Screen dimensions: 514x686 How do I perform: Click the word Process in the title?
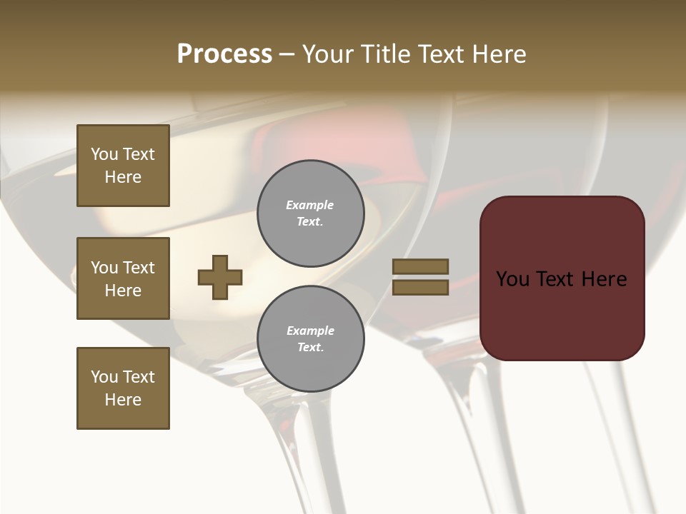[224, 54]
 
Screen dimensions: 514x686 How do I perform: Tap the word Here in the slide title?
[499, 54]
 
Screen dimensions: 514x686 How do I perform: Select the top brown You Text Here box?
[123, 166]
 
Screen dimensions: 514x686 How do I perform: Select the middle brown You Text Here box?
[123, 278]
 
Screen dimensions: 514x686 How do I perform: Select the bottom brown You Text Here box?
[123, 388]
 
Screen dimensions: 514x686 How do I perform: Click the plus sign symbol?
[220, 277]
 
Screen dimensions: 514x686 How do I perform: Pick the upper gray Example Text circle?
[310, 213]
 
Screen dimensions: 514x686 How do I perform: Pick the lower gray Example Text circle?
[310, 339]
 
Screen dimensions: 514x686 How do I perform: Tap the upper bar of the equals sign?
[420, 266]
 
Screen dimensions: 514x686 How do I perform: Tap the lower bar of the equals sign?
[420, 288]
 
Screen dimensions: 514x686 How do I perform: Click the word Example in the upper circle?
[310, 205]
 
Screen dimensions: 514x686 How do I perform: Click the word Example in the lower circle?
[310, 331]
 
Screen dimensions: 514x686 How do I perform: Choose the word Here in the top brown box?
[123, 177]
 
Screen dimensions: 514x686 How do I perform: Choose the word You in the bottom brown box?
[104, 377]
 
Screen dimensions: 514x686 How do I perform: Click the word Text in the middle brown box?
[139, 268]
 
